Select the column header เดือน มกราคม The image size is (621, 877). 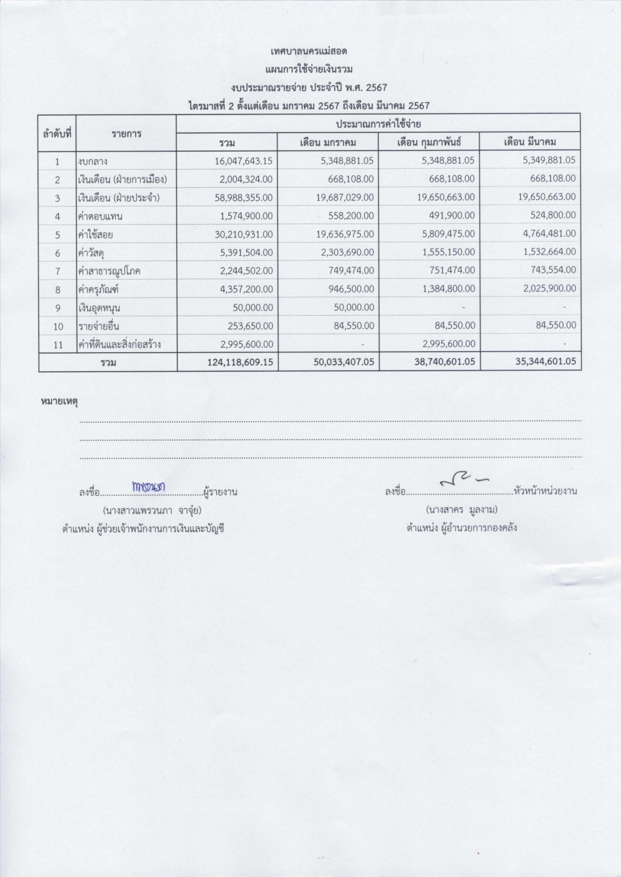click(328, 142)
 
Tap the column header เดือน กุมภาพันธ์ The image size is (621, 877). click(428, 142)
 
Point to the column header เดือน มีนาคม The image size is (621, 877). click(530, 142)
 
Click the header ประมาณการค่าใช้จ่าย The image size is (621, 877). click(379, 124)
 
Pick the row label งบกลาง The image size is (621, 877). click(92, 161)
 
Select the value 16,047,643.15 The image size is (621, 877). click(244, 161)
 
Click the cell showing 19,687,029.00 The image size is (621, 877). click(345, 197)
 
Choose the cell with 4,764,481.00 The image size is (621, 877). click(548, 234)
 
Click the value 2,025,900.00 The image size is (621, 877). click(548, 289)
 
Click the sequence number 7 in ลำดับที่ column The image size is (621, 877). click(57, 271)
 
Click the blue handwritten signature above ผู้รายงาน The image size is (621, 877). click(149, 487)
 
